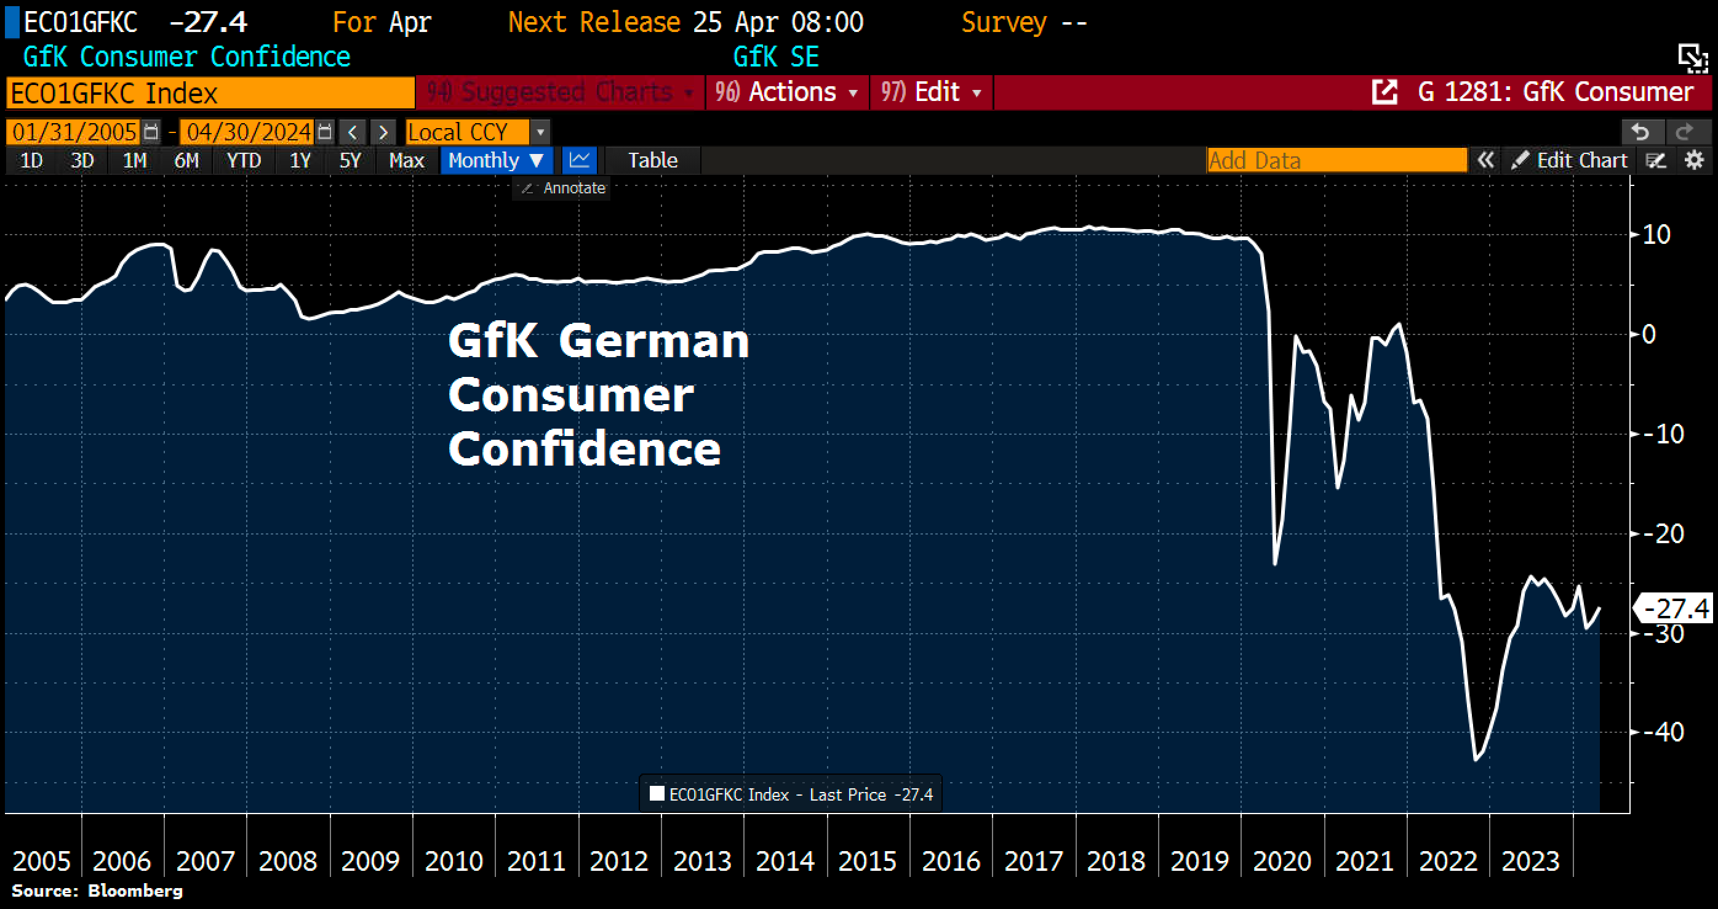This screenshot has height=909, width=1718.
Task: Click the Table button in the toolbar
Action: tap(652, 160)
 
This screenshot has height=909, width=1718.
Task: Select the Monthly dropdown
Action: tap(495, 160)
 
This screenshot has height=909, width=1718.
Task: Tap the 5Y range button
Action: tap(350, 160)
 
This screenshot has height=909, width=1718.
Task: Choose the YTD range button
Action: tap(244, 160)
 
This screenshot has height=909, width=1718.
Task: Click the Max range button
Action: tap(406, 160)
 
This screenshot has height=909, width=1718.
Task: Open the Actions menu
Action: tap(787, 92)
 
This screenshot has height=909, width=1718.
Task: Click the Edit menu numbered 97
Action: tap(931, 92)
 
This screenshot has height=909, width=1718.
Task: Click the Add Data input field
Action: tap(1336, 160)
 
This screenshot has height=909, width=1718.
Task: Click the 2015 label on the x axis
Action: tap(867, 861)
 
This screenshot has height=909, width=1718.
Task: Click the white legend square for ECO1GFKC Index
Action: tap(657, 794)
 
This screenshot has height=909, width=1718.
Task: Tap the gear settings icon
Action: tap(1694, 160)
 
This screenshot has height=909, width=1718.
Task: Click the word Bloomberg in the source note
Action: tap(135, 891)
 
